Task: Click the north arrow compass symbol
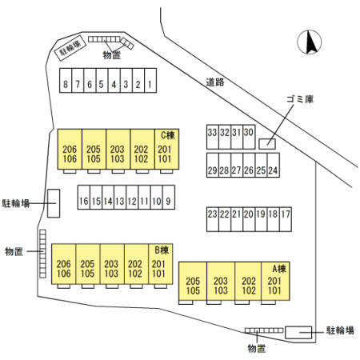[x=310, y=42]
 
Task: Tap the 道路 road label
[x=215, y=82]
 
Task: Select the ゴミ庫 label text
[x=300, y=99]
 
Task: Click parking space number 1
[x=150, y=81]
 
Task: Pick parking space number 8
[x=66, y=81]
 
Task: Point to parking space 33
[x=213, y=137]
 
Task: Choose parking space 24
[x=274, y=165]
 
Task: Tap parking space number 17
[x=286, y=219]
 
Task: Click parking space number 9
[x=169, y=198]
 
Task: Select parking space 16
[x=84, y=198]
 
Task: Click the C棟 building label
[x=168, y=135]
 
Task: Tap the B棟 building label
[x=162, y=250]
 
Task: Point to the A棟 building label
[x=279, y=269]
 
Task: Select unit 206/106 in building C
[x=70, y=149]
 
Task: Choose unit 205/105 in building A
[x=193, y=281]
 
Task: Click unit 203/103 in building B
[x=112, y=264]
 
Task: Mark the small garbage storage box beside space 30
[x=267, y=144]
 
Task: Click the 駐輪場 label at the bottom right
[x=340, y=330]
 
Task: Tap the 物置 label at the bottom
[x=257, y=348]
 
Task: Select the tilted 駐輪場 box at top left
[x=70, y=48]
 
